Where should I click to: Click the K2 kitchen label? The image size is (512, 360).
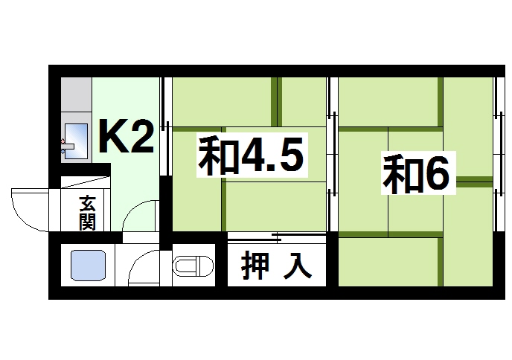point(127,135)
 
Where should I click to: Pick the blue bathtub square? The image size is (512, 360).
point(89,266)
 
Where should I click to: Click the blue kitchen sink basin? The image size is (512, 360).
point(77,138)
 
